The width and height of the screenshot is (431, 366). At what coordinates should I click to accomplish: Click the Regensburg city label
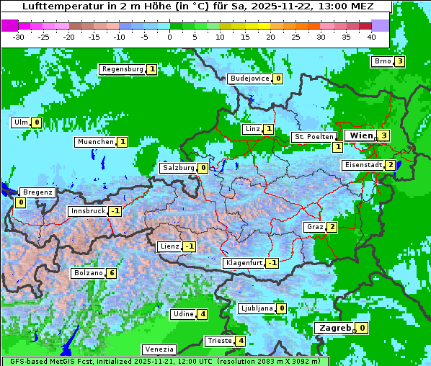[x=123, y=69]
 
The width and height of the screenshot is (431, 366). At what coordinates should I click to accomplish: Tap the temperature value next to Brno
[x=399, y=61]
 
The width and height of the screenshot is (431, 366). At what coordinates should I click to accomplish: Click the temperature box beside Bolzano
[x=111, y=273]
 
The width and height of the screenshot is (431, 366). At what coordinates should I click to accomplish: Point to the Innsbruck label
[x=87, y=211]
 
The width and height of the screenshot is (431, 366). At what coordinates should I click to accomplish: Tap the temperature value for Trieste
[x=241, y=341]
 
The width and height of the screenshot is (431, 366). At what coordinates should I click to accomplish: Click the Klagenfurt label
[x=244, y=263]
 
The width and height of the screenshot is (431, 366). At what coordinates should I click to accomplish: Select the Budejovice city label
[x=249, y=79]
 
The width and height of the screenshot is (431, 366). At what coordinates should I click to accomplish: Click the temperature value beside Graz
[x=332, y=227]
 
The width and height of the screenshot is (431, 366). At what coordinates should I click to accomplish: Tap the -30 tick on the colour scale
[x=19, y=36]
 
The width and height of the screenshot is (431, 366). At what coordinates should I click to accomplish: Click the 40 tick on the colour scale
[x=371, y=36]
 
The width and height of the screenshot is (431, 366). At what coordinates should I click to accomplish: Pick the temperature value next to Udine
[x=203, y=313]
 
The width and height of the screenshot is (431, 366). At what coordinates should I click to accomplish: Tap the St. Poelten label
[x=314, y=136]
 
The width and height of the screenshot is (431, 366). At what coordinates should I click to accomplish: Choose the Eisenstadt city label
[x=363, y=165]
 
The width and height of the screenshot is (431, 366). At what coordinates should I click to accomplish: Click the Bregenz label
[x=37, y=192]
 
